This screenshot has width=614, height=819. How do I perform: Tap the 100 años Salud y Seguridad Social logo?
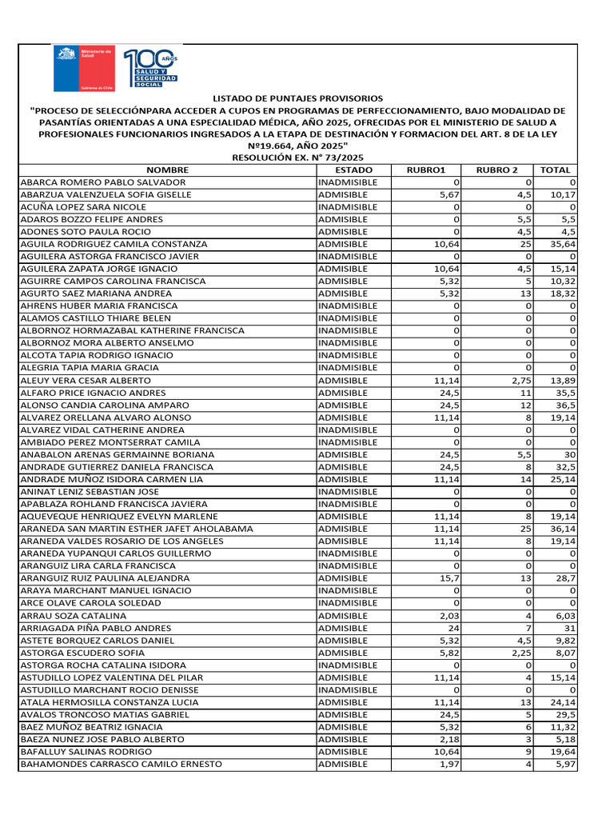(150, 69)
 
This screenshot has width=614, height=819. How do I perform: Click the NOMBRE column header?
(167, 170)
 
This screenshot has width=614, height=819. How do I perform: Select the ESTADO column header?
(353, 170)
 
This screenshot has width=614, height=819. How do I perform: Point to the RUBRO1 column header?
(426, 170)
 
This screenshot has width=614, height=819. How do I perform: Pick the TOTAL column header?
(556, 170)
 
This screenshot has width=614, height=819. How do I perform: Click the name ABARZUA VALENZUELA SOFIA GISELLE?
(106, 194)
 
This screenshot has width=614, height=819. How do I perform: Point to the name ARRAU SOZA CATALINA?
(74, 616)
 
